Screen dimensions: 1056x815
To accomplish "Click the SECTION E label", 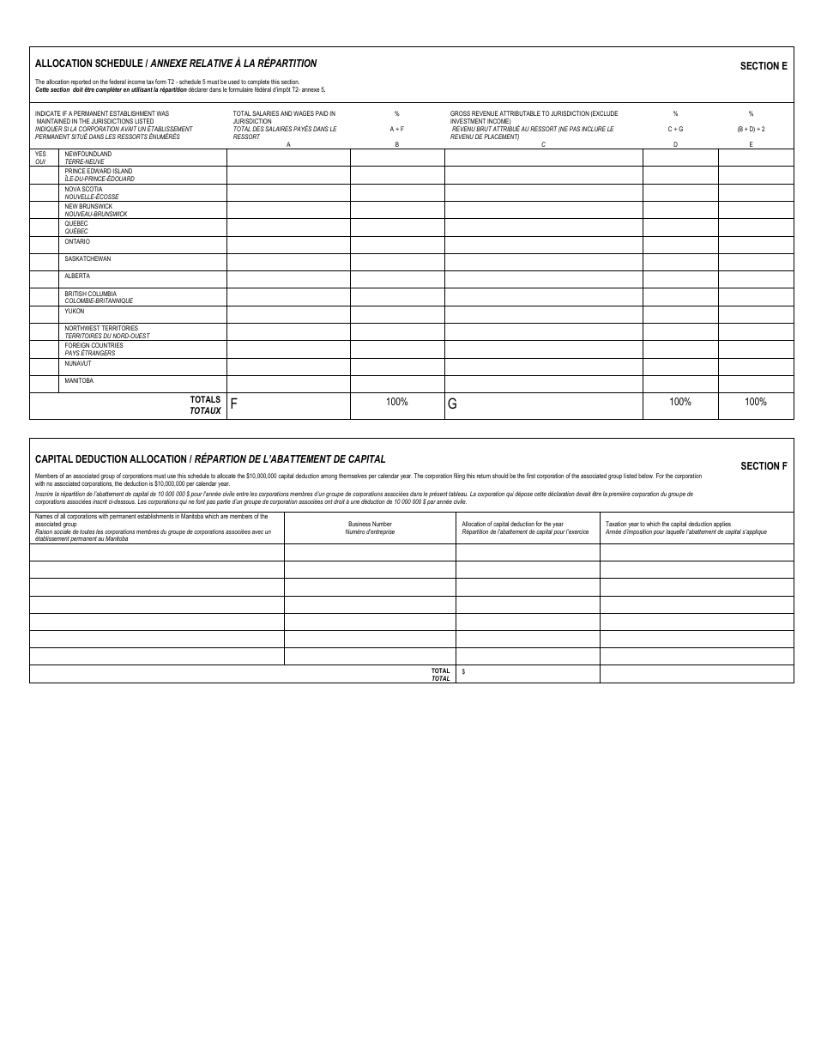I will click(x=764, y=66).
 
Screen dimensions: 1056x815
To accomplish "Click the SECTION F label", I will click(x=764, y=466).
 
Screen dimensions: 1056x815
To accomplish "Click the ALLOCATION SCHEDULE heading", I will click(x=90, y=64).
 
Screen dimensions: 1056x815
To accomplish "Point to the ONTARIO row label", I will click(x=77, y=242).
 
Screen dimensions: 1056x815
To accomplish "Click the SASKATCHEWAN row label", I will click(x=88, y=259).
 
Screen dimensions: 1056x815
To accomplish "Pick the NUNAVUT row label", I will click(x=77, y=364).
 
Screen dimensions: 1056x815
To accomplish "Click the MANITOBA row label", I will click(x=79, y=381).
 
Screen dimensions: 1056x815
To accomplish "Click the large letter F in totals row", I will click(x=233, y=404).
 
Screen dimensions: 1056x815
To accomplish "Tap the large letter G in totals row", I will click(x=452, y=404).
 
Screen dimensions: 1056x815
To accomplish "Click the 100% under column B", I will click(x=396, y=402).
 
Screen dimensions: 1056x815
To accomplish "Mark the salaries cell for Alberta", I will click(x=288, y=280).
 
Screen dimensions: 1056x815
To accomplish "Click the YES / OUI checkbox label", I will click(x=40, y=158).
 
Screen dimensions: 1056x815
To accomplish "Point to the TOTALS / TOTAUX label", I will click(x=205, y=405).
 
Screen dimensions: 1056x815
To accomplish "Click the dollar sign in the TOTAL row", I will click(x=463, y=671).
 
